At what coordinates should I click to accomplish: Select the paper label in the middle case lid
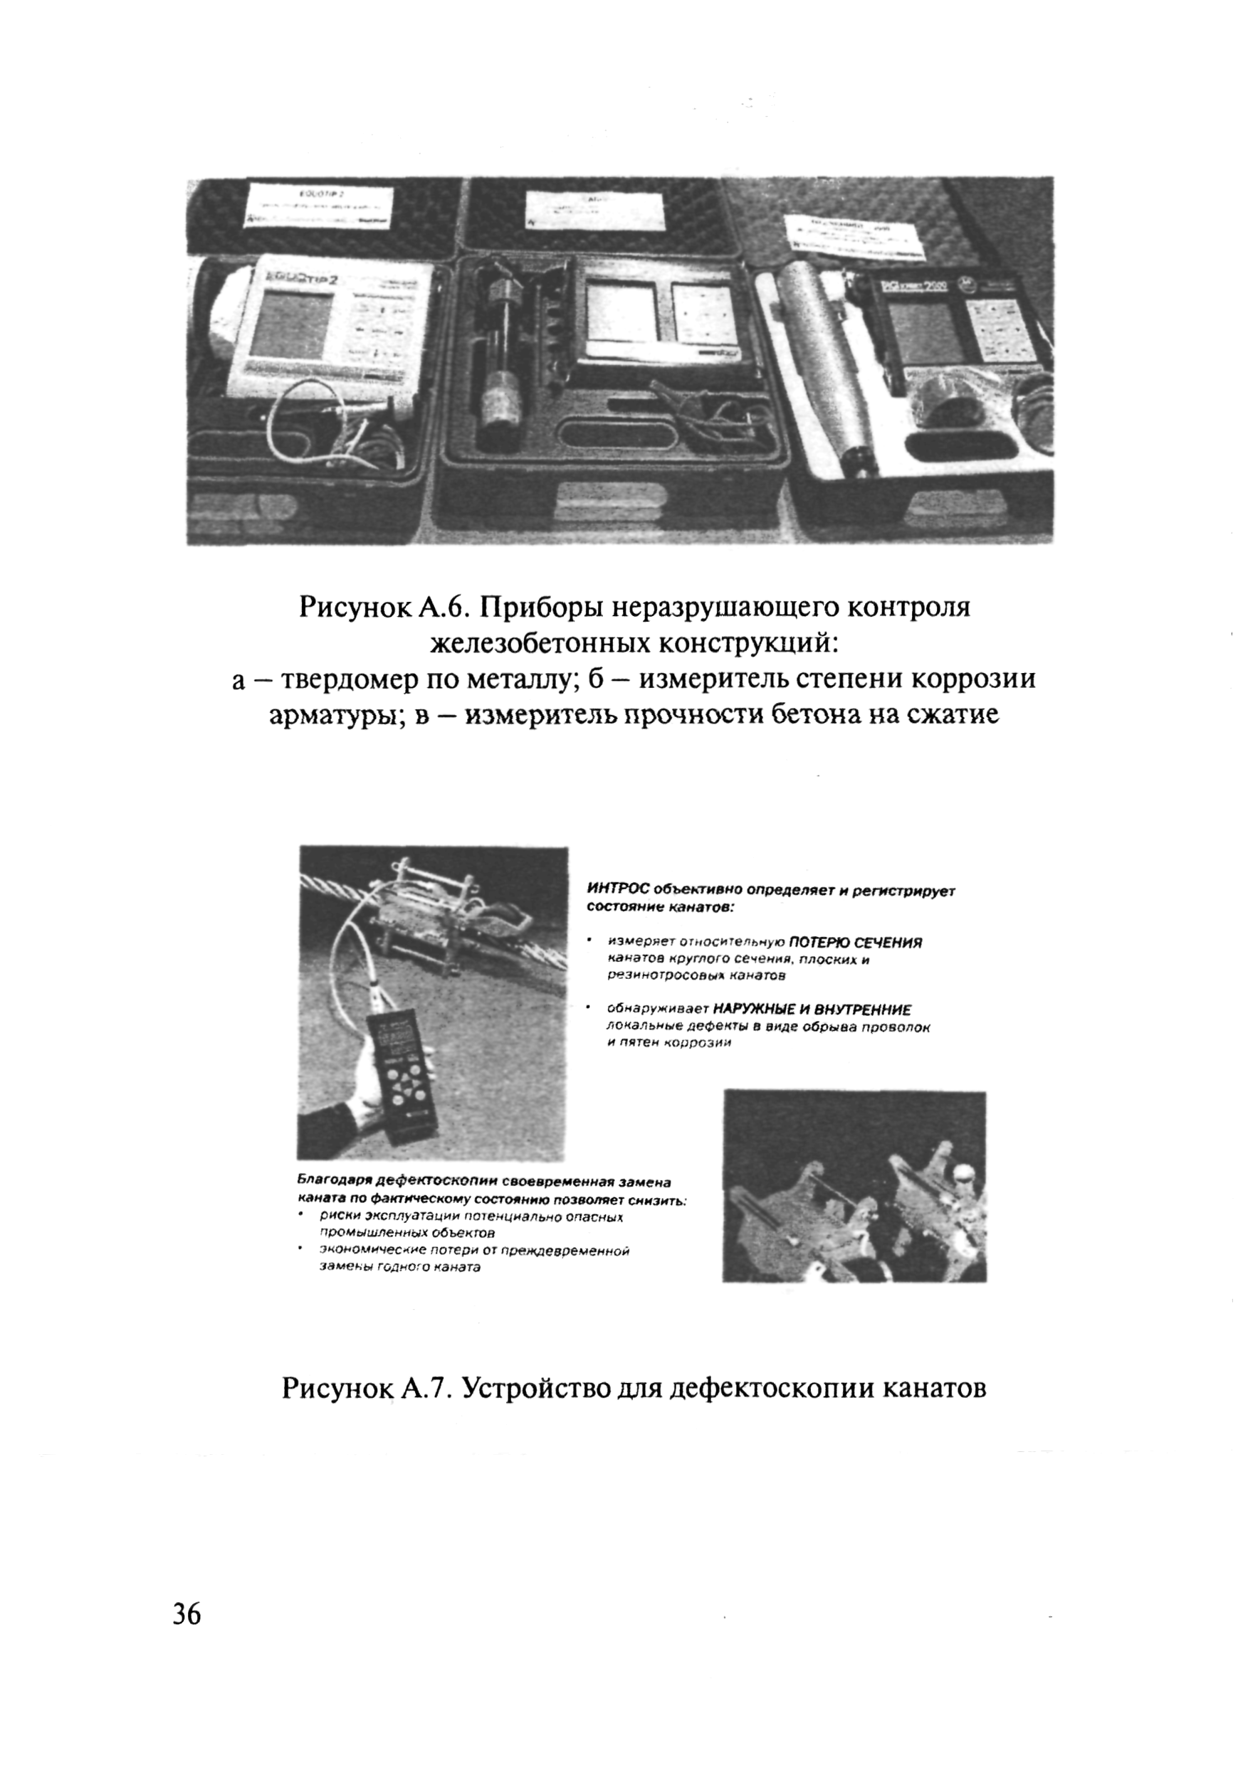click(x=592, y=207)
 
